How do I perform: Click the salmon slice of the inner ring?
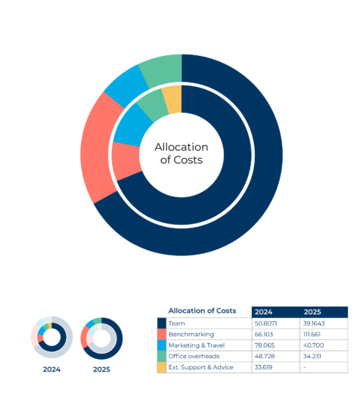point(126,162)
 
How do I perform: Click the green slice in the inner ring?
point(154,106)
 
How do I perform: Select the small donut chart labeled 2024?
point(51,337)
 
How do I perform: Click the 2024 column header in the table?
point(264,311)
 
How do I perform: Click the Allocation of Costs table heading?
point(202,311)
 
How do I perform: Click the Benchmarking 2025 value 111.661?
point(318,334)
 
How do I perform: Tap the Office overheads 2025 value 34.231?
point(315,356)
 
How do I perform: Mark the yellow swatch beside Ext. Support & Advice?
point(161,367)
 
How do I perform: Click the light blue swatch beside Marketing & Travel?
point(161,345)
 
